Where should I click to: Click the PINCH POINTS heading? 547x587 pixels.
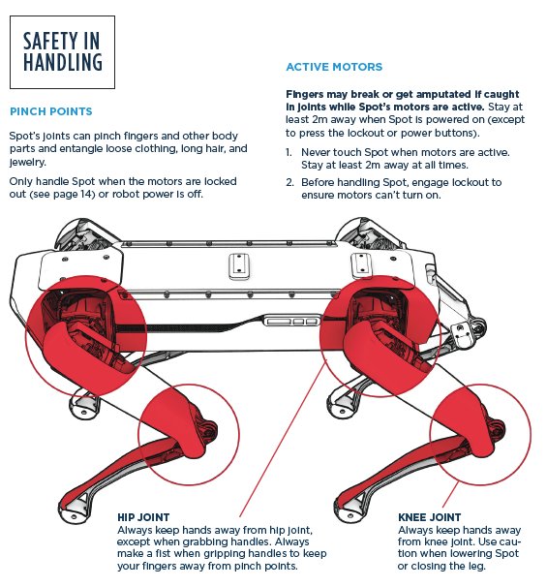click(x=51, y=111)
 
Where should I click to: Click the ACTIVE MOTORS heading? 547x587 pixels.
click(x=334, y=67)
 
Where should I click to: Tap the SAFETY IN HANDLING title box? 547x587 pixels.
click(x=62, y=52)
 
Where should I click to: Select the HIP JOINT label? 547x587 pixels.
click(x=143, y=517)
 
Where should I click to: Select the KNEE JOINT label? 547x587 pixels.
click(x=429, y=517)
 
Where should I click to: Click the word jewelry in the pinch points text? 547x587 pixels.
click(x=27, y=162)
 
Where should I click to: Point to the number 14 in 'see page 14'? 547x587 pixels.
click(x=85, y=195)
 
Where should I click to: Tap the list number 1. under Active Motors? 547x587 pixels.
click(x=289, y=152)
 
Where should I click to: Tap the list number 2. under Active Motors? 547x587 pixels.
click(x=289, y=182)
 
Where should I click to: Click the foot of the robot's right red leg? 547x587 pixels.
click(x=350, y=509)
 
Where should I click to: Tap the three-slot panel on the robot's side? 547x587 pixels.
click(x=292, y=321)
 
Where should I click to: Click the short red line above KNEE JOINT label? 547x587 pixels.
click(x=450, y=494)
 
